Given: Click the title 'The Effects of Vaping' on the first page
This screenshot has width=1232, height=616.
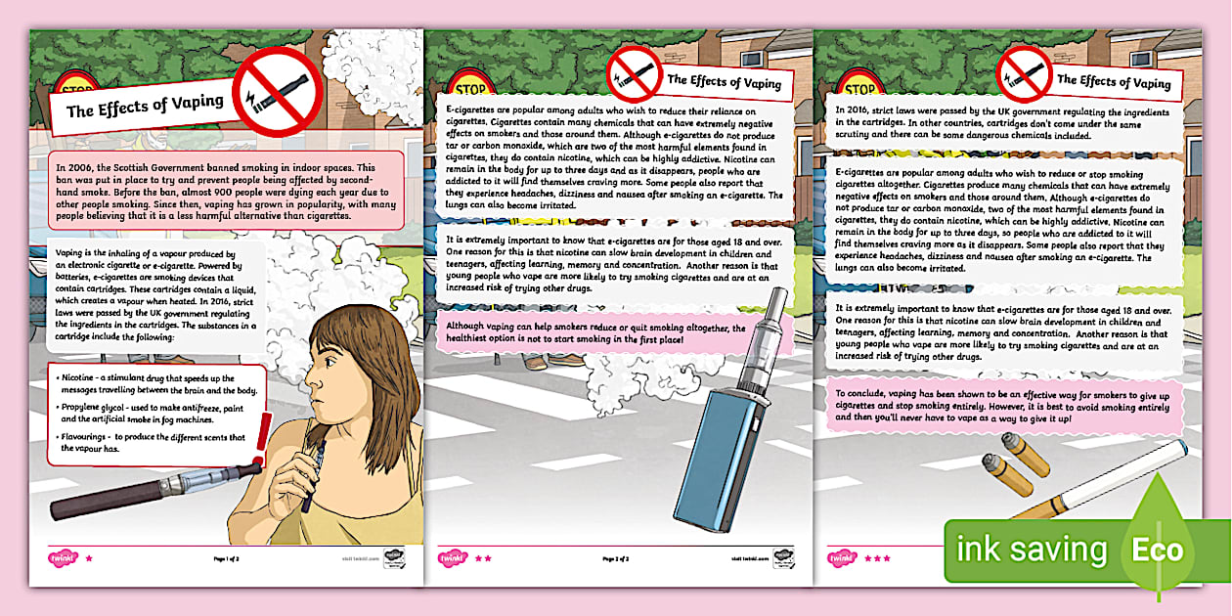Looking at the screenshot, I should point(145,105).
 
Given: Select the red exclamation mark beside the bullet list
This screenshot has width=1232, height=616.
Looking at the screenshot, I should point(263,440).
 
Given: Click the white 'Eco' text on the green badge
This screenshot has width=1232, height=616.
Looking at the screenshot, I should point(1158,550).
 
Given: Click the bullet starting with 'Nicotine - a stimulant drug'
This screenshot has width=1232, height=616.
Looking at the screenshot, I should point(156,383).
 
